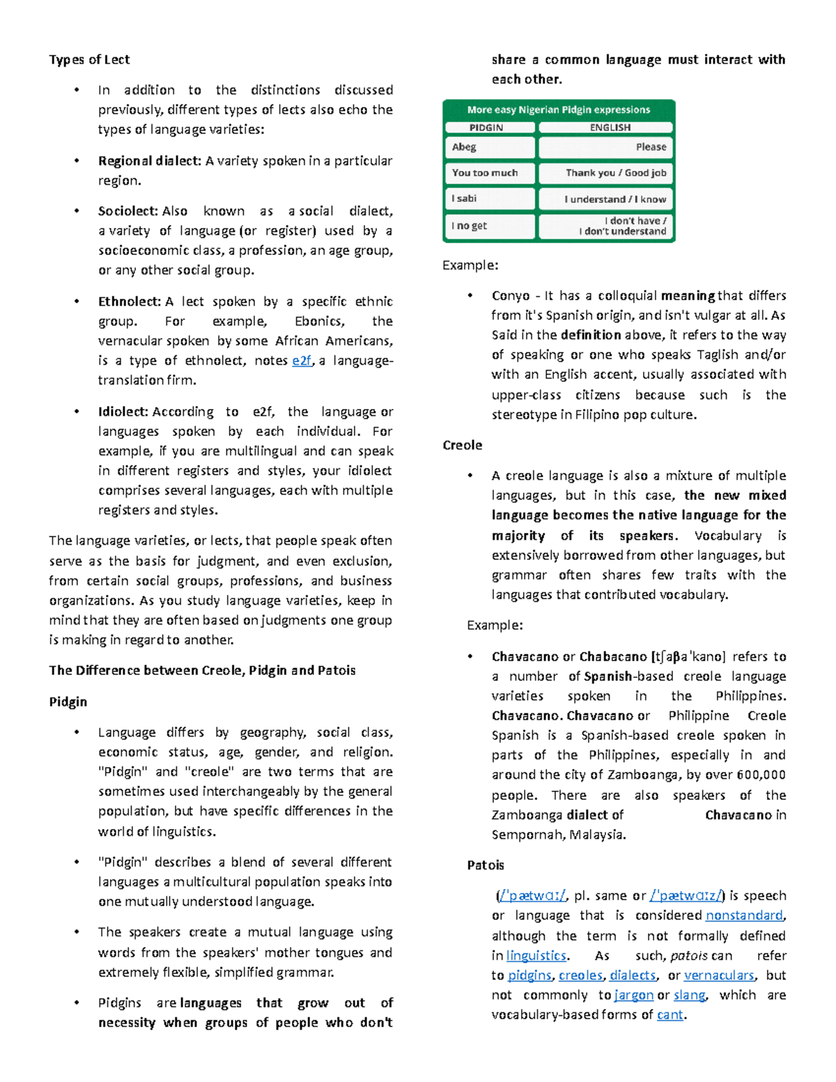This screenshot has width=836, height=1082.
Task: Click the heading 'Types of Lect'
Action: [89, 59]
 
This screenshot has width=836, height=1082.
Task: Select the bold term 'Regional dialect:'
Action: [149, 161]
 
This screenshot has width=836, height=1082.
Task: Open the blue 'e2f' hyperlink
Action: [302, 360]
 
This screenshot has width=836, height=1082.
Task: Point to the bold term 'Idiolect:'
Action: [123, 412]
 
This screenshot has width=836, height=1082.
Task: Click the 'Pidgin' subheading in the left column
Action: [68, 702]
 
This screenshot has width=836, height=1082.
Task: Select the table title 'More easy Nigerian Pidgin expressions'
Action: [558, 109]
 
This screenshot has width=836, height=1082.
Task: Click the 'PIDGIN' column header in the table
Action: [486, 127]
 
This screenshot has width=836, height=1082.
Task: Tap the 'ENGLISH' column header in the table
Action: [610, 127]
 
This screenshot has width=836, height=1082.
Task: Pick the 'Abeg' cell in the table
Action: [464, 147]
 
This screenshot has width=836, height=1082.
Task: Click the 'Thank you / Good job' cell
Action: [615, 173]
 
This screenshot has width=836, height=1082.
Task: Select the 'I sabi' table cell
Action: [464, 199]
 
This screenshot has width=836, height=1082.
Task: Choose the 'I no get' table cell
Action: [469, 226]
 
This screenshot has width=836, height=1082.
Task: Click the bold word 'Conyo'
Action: [511, 295]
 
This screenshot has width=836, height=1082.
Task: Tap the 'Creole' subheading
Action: [462, 445]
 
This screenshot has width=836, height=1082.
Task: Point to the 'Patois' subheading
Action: [485, 865]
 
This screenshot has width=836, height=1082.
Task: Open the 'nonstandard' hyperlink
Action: [744, 915]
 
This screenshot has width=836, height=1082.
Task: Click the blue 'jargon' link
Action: [633, 995]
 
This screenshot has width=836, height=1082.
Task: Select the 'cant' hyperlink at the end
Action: [669, 1015]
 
